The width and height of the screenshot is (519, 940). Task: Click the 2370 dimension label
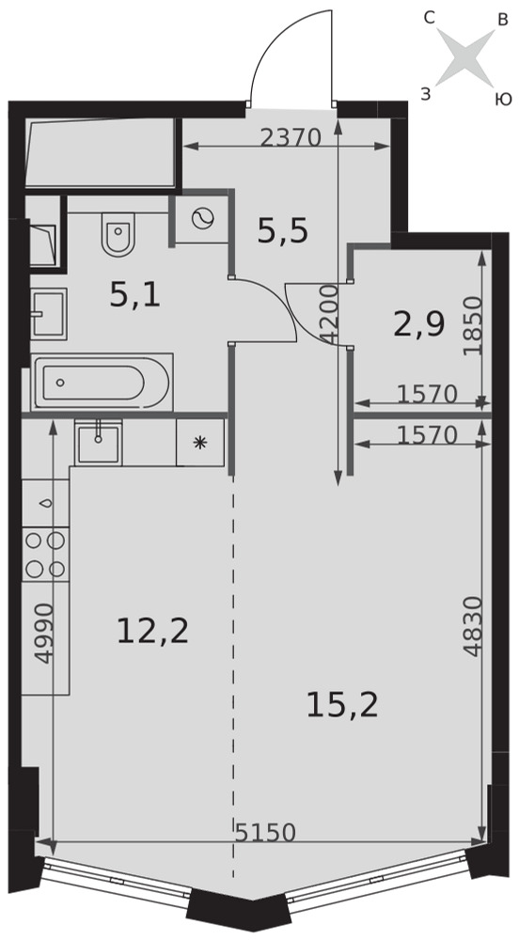coord(291,138)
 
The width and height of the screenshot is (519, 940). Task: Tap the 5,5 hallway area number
coord(282,231)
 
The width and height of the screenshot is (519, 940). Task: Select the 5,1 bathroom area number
coord(135,295)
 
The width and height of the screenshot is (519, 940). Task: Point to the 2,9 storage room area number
coord(419,326)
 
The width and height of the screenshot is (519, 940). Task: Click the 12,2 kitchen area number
coord(153,632)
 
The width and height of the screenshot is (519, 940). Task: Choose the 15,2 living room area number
coord(342,705)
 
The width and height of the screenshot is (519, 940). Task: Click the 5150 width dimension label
coord(265,833)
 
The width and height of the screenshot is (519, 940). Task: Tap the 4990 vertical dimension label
coord(44,633)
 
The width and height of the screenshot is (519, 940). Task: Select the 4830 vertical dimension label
coord(473,626)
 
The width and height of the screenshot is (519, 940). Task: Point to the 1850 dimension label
coord(473,326)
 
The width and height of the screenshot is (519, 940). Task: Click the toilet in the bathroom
coord(119,234)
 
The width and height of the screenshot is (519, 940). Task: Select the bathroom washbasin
coord(49,314)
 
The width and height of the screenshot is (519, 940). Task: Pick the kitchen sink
coord(99,443)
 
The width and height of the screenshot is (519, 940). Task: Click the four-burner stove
coord(45,555)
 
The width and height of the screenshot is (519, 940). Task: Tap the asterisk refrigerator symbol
coord(199,443)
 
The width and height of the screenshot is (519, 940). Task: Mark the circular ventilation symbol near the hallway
coord(202,219)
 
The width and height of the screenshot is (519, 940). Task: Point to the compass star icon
coord(465,57)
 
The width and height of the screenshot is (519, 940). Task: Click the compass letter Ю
coord(503,100)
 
